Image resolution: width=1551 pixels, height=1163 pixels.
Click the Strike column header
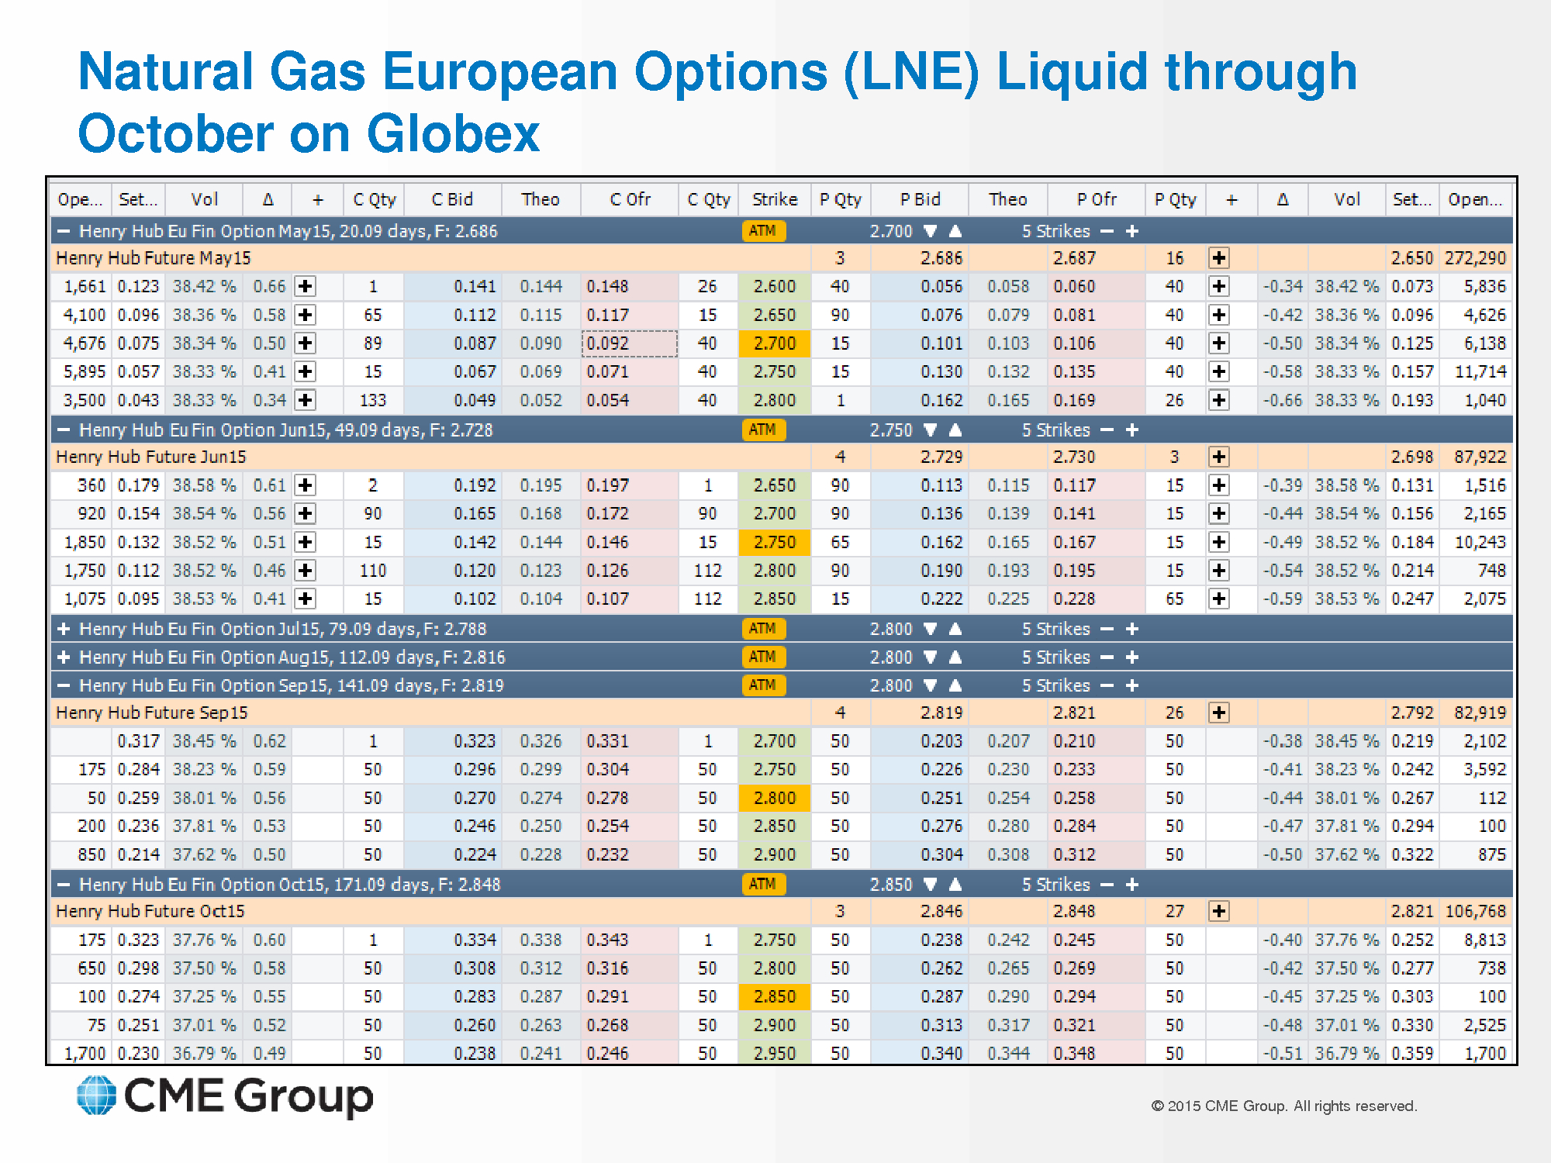pos(774,200)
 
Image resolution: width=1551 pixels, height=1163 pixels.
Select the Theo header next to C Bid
pos(540,200)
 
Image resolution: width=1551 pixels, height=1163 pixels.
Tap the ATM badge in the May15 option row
pos(763,231)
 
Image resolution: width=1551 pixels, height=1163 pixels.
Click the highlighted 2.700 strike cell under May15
pos(774,343)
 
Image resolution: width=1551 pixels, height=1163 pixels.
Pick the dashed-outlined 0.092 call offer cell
pos(629,343)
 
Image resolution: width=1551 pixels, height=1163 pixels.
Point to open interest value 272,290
pos(1475,258)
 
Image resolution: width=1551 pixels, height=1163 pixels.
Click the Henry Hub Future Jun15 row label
pos(150,457)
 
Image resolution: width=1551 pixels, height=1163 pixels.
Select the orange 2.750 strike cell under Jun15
pos(774,543)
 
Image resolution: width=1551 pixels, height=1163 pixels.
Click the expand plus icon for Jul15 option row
pos(64,629)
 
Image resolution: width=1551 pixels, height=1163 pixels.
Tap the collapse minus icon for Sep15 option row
pos(64,685)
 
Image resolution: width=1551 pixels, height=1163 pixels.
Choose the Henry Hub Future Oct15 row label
pos(150,912)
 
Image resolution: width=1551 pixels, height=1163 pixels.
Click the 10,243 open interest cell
pos(1480,543)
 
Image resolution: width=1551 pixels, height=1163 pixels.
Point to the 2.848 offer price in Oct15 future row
pos(1074,912)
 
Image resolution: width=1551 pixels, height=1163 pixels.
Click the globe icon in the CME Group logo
pos(96,1096)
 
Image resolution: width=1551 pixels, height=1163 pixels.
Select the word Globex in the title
pos(453,133)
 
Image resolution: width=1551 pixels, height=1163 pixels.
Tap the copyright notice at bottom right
pos(1283,1106)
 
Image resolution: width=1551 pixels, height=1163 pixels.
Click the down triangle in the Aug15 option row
pos(931,657)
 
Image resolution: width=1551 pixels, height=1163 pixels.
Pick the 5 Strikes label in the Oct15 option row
pos(1055,885)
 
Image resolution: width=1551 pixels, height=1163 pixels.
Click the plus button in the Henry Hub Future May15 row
pos(1218,258)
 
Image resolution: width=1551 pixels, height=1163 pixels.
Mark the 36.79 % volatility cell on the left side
pos(204,1054)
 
